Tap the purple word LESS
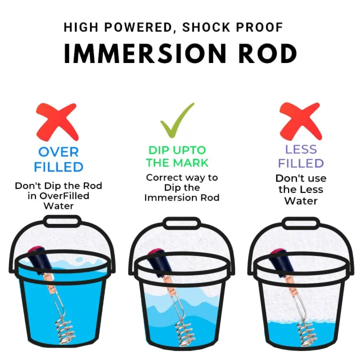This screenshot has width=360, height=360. coord(301,149)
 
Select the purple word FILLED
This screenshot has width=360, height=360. coord(301,163)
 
